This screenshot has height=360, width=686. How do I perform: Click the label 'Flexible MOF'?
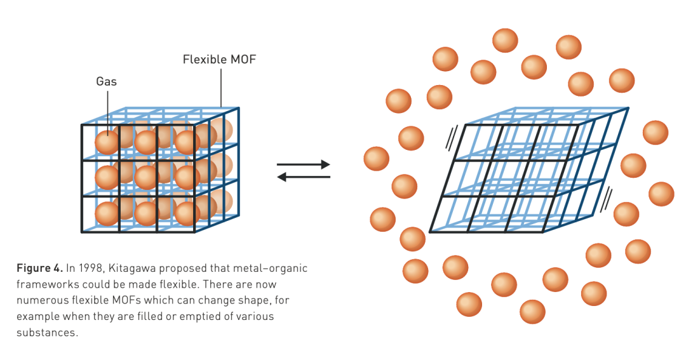[x=219, y=60]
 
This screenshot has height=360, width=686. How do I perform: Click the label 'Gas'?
[x=107, y=81]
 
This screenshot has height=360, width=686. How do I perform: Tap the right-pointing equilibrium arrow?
[x=304, y=164]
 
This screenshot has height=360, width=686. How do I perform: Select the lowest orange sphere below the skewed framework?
[x=532, y=312]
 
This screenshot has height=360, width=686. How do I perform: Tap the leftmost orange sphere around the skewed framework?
[x=376, y=159]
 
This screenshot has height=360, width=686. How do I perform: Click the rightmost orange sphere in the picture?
[x=661, y=194]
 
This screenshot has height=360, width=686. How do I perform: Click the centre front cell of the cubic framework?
[x=138, y=178]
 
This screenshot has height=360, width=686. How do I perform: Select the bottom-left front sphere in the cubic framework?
[x=107, y=213]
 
